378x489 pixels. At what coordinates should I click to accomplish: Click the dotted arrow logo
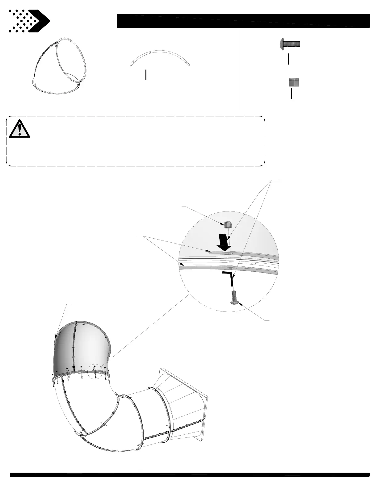click(x=29, y=21)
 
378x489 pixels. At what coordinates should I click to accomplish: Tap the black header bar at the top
click(x=243, y=21)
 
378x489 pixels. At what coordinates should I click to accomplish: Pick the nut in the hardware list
click(x=294, y=82)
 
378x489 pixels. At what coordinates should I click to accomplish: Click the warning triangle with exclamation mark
click(x=19, y=129)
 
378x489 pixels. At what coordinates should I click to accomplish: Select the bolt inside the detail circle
click(x=235, y=298)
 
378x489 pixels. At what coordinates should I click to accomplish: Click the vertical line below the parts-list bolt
click(x=288, y=59)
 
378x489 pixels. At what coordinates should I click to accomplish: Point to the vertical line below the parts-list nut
click(x=292, y=93)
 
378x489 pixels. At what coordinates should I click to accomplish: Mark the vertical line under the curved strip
click(x=145, y=75)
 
